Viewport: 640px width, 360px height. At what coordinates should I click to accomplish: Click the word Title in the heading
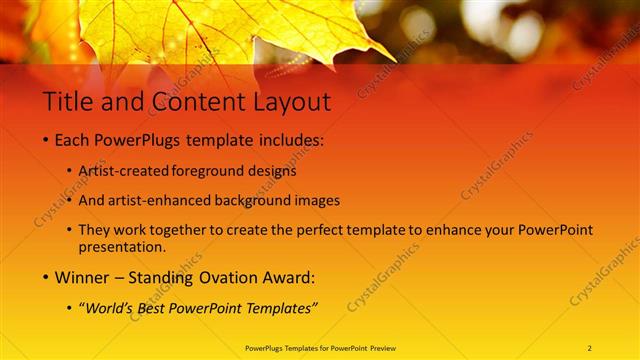click(x=67, y=102)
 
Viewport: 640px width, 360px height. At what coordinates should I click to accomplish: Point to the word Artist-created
click(x=123, y=171)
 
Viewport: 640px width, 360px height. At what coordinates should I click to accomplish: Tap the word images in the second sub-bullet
click(x=318, y=200)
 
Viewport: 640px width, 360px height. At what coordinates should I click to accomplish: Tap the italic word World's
click(x=109, y=309)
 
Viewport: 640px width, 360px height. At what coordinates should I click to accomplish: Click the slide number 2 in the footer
click(x=590, y=348)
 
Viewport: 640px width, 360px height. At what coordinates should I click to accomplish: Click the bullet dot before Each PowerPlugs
click(x=46, y=141)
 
